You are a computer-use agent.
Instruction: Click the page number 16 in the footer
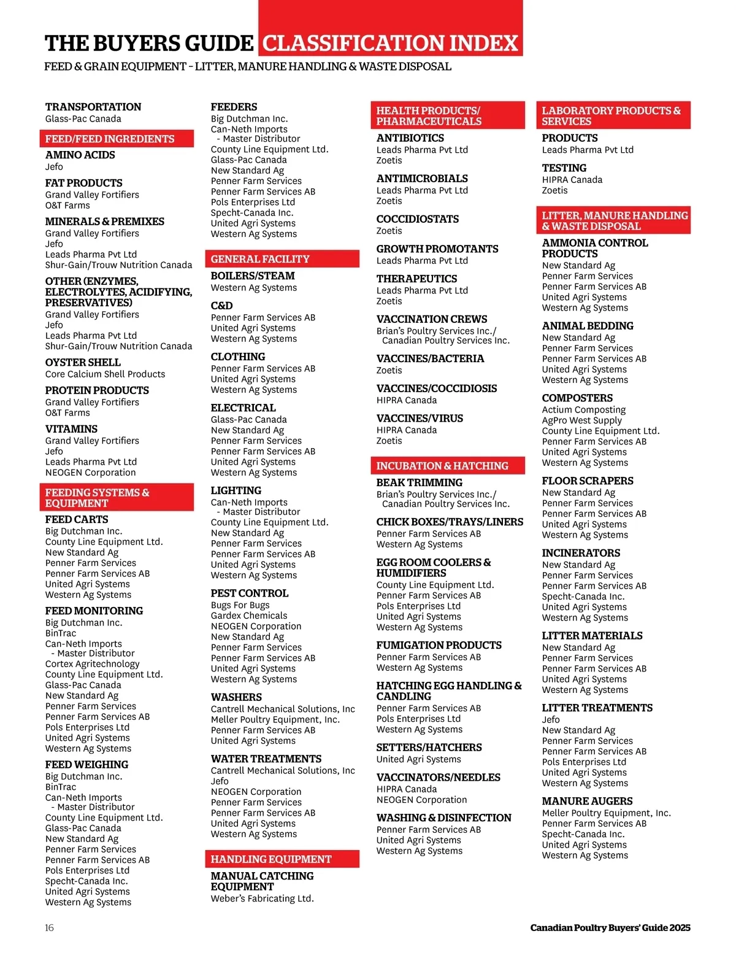tap(49, 927)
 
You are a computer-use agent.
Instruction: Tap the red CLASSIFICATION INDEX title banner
tap(391, 43)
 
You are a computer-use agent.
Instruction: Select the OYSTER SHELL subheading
tap(83, 362)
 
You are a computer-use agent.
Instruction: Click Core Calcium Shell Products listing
tap(105, 374)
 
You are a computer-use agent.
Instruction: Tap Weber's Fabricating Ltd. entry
tap(262, 899)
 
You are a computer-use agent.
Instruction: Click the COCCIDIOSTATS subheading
tap(417, 219)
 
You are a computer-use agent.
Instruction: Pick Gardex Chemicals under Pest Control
tap(248, 616)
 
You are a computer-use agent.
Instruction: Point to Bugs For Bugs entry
tap(240, 605)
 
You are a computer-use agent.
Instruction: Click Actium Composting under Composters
tap(583, 409)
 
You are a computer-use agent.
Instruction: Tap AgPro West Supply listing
tap(581, 420)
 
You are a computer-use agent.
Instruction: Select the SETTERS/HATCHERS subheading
tap(429, 748)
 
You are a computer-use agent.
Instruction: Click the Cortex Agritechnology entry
tap(92, 663)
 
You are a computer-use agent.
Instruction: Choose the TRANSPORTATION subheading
tap(93, 107)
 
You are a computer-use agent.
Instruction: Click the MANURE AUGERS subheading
tap(587, 801)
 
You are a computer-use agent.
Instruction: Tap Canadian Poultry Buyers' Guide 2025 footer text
tap(610, 927)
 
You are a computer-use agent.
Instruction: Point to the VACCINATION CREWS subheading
tap(432, 319)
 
